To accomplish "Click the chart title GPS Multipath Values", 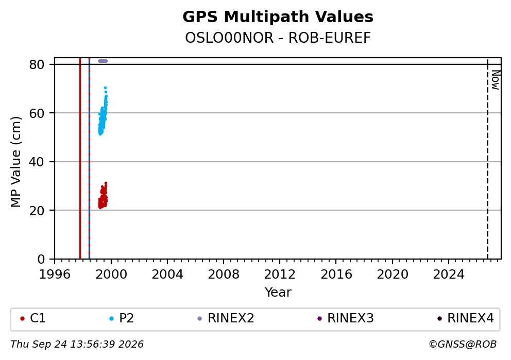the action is pos(278,17).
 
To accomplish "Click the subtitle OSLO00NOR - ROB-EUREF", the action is pos(278,38).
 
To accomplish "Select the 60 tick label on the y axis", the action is pos(37,113).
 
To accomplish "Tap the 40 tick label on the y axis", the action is pos(37,162).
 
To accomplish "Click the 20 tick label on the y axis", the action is pos(37,211).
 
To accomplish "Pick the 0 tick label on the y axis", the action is pos(41,260).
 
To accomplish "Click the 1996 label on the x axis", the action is pos(55,275).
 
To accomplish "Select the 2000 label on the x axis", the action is pos(111,275).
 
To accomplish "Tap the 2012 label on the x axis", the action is pos(280,275).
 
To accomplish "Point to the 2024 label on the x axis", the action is pos(449,275).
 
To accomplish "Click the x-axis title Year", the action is pos(278,292).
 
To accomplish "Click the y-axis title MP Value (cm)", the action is pos(15,162).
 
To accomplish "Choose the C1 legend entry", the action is pos(33,318).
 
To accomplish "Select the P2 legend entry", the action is pos(122,318).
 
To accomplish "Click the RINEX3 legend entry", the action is pos(346,318).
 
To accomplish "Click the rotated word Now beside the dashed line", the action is pos(496,80).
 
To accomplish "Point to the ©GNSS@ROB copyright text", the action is pos(463,345).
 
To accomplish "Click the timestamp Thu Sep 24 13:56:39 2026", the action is pos(77,345).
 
